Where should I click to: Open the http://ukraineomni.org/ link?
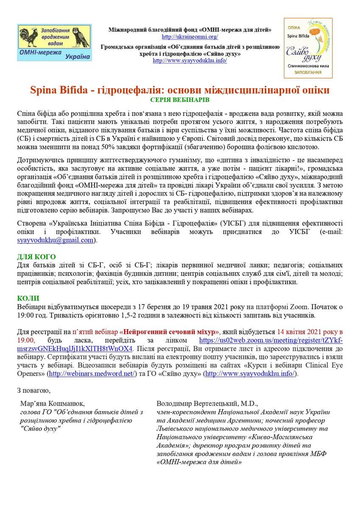pos(190,37)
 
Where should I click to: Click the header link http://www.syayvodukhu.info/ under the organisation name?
pos(190,60)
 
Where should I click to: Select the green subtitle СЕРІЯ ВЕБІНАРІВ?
pos(180,100)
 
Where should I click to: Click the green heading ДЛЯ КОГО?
pos(36,257)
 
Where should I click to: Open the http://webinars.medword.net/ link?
pos(92,373)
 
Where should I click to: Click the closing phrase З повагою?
pos(33,390)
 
